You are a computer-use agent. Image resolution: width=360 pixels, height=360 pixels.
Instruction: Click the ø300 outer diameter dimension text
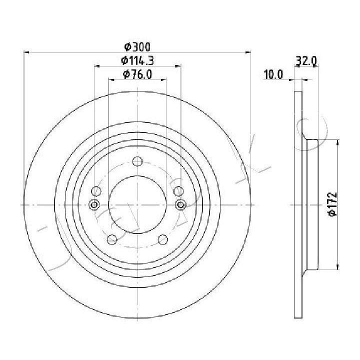(x=137, y=47)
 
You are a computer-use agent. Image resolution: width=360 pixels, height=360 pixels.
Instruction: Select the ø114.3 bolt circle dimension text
(x=137, y=60)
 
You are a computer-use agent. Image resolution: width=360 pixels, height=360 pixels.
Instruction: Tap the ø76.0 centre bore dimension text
(x=137, y=74)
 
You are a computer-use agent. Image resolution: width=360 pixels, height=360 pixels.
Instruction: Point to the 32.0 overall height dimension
(x=306, y=61)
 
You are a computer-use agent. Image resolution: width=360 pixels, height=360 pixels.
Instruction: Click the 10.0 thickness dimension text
(x=273, y=74)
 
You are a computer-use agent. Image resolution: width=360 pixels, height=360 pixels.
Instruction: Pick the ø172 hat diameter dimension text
(x=332, y=204)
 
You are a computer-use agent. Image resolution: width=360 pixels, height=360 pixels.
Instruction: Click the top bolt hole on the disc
(x=137, y=161)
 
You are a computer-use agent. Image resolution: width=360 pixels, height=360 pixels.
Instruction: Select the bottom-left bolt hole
(x=112, y=239)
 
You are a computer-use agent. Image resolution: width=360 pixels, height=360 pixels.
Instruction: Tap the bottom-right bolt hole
(x=163, y=239)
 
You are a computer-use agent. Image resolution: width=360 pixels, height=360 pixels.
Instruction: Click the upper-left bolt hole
(x=96, y=191)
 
